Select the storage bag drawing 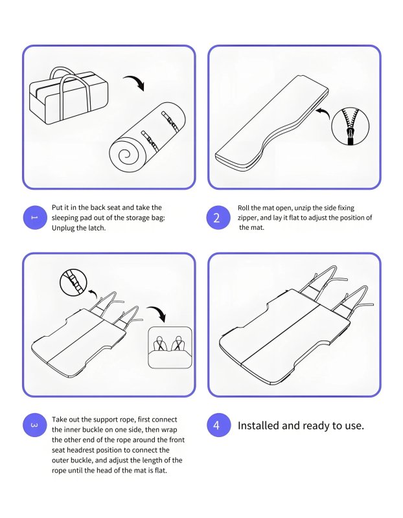click(x=69, y=95)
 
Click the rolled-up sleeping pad click(x=148, y=137)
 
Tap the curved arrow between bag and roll click(x=135, y=82)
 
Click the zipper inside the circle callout click(x=351, y=126)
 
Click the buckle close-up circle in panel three click(x=73, y=283)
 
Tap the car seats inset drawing click(x=170, y=348)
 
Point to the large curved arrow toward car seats click(x=157, y=312)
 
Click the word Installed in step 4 click(x=258, y=425)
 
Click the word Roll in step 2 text click(x=244, y=208)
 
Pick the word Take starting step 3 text click(x=58, y=420)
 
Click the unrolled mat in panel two click(x=271, y=123)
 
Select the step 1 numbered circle click(x=35, y=218)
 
